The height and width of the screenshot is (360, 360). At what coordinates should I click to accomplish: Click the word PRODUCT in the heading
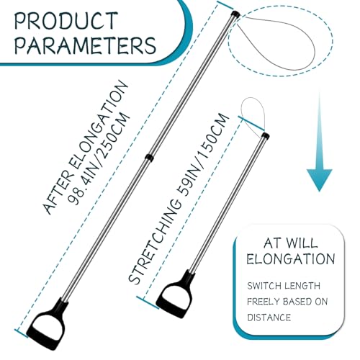(66, 21)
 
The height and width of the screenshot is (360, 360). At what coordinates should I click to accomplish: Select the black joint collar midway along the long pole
(149, 158)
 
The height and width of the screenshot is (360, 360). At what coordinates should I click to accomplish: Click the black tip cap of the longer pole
(235, 14)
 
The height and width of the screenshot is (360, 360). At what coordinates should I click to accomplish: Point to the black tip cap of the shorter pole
(266, 135)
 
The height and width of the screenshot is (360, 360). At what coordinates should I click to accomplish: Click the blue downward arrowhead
(319, 179)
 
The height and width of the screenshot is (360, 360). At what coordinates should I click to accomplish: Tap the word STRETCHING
(155, 243)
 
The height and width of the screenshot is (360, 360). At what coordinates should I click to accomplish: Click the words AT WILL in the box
(291, 243)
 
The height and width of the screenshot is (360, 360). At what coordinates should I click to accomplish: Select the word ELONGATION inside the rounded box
(291, 259)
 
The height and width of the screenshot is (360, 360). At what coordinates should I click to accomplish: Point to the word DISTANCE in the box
(269, 318)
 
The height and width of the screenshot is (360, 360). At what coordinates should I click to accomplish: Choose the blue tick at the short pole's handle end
(148, 302)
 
